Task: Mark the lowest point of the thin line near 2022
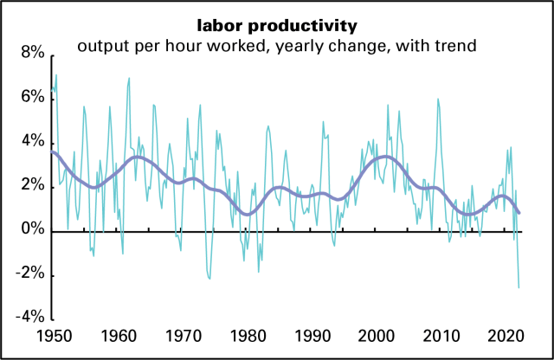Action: point(519,287)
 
